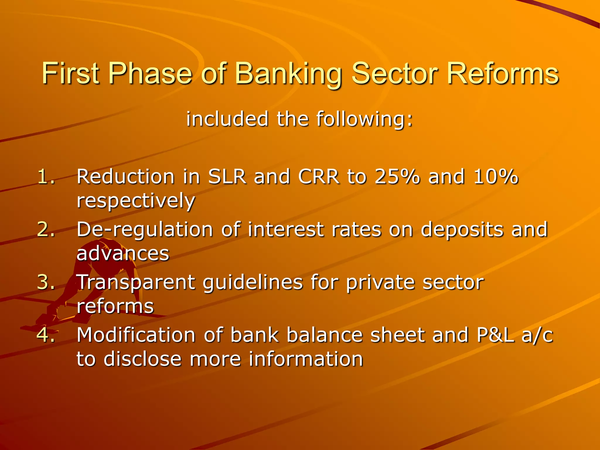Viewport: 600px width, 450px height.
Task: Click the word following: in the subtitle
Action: click(364, 119)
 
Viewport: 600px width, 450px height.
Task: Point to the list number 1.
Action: click(46, 177)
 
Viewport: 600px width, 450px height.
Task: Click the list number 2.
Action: click(46, 229)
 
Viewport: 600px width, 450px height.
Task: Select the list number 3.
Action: click(46, 282)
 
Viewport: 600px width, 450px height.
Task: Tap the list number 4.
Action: click(46, 335)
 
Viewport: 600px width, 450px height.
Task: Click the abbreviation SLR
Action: click(227, 177)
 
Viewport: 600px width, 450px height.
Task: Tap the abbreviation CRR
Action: click(318, 177)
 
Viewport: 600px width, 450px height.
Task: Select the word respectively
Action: click(136, 201)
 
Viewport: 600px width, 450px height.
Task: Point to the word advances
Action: click(123, 253)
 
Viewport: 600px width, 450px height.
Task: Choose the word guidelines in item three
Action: click(253, 282)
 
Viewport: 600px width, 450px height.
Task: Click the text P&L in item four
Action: click(495, 335)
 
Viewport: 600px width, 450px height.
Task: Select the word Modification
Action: click(136, 335)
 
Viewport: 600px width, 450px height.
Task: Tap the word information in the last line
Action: click(306, 359)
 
